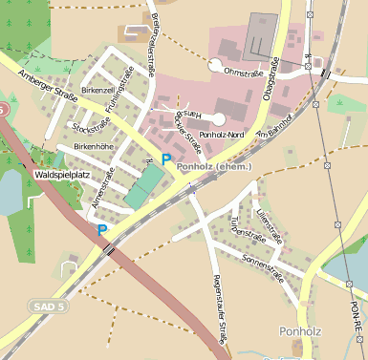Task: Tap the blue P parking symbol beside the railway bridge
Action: coord(102,230)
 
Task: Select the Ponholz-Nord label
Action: coord(223,136)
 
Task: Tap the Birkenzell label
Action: coord(97,89)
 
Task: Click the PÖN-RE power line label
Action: coord(355,315)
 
